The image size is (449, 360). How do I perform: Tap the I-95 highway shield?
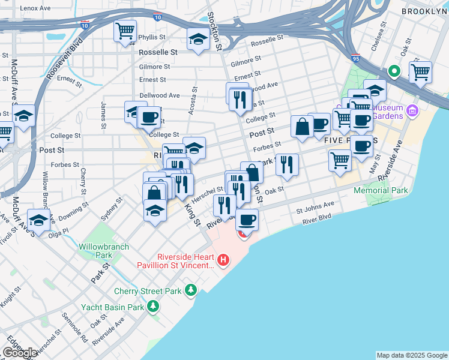click(357, 59)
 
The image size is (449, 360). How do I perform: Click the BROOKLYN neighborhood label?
click(424, 11)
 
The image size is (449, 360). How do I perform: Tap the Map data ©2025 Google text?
click(411, 355)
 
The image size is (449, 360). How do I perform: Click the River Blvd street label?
click(318, 221)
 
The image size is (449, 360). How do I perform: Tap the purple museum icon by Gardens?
click(412, 110)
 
